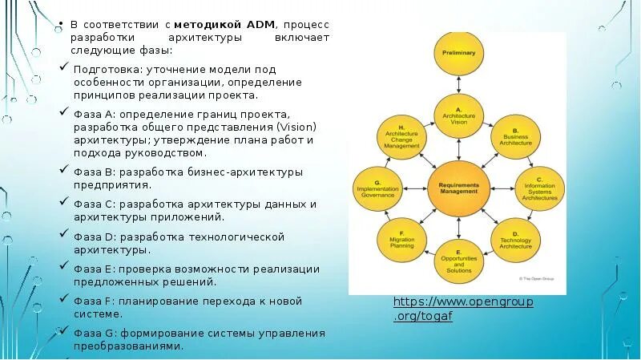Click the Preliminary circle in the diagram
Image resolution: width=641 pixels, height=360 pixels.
pyautogui.click(x=458, y=52)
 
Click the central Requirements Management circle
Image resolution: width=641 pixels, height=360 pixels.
pyautogui.click(x=458, y=188)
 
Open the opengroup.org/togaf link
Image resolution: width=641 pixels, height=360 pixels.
pyautogui.click(x=463, y=309)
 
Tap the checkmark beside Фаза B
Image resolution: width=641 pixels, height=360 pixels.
pyautogui.click(x=64, y=171)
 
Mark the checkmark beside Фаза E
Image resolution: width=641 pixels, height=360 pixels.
pyautogui.click(x=64, y=268)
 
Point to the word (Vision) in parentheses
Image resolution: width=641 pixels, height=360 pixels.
pyautogui.click(x=296, y=127)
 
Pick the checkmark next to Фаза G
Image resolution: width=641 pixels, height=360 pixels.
pyautogui.click(x=64, y=332)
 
